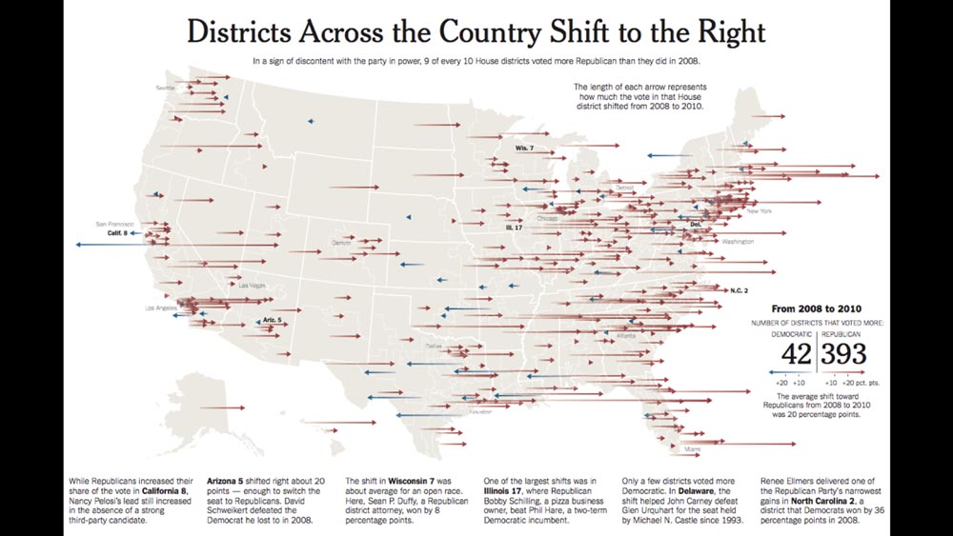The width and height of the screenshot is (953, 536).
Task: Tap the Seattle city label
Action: [x=167, y=89]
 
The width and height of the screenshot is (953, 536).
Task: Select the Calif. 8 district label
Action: [x=117, y=232]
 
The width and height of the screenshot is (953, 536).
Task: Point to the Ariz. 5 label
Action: [x=272, y=320]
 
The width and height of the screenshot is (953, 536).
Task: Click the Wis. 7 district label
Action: [x=524, y=149]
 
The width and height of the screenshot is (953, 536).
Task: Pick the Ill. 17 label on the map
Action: [x=516, y=228]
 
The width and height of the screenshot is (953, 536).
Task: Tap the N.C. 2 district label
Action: [x=739, y=289]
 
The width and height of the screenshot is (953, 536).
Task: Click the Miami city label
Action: [x=693, y=447]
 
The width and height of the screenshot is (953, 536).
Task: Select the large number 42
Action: [x=796, y=354]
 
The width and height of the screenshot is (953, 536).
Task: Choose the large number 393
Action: [x=844, y=354]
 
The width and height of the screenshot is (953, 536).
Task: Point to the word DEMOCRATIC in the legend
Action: [x=792, y=334]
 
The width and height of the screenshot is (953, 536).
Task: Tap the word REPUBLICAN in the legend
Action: [x=842, y=334]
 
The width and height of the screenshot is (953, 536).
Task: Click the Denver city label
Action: [x=341, y=243]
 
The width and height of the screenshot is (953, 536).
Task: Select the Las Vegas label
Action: [x=253, y=286]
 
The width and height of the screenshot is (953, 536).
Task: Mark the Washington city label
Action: [x=738, y=242]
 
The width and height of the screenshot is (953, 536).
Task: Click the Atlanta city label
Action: [x=627, y=336]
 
